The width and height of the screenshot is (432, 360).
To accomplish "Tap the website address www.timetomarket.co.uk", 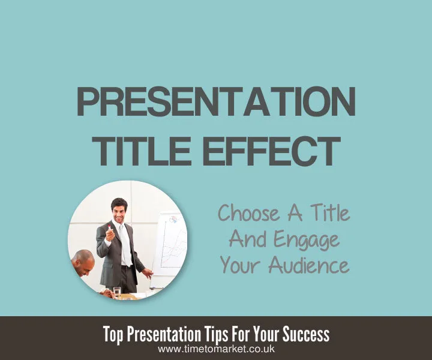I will coord(216,349).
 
